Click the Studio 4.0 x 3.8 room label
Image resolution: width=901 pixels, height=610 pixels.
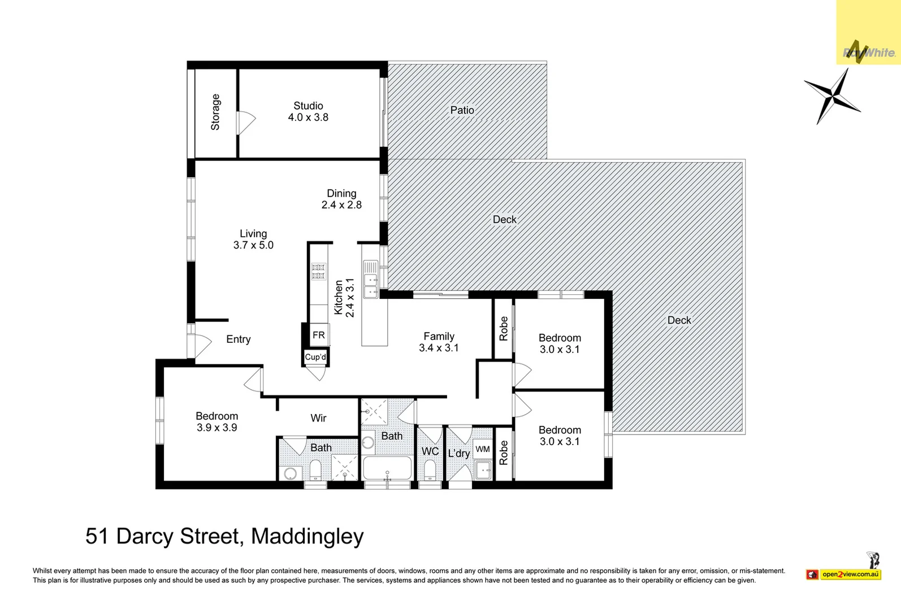308,112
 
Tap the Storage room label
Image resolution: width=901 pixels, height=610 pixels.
215,112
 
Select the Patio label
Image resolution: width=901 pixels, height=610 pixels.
462,110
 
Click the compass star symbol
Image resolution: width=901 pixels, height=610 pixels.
832,96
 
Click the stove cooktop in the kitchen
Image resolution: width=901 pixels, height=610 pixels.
319,272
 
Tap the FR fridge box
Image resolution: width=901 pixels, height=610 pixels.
319,335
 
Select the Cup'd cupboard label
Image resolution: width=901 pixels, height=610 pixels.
315,357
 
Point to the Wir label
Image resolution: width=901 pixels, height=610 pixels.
318,418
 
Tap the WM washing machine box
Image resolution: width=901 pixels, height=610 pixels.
483,449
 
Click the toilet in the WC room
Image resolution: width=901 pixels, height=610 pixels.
430,470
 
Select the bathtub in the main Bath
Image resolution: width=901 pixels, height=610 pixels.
387,468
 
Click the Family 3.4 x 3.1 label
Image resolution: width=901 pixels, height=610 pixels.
439,342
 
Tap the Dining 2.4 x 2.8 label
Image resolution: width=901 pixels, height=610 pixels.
341,199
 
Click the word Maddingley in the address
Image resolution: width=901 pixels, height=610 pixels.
307,536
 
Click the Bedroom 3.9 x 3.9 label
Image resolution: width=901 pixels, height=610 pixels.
216,422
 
